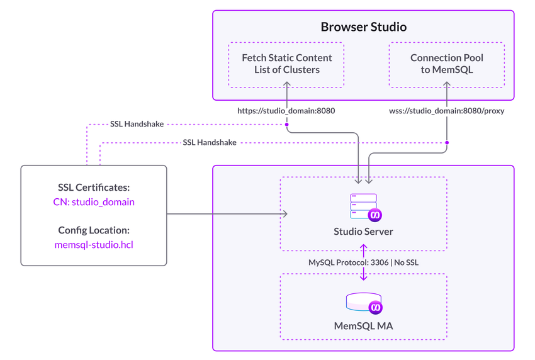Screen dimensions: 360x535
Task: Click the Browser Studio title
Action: [364, 27]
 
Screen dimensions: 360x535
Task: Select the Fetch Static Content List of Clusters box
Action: [286, 64]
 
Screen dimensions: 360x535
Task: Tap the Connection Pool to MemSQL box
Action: [447, 64]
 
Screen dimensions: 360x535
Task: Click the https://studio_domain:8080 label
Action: [286, 110]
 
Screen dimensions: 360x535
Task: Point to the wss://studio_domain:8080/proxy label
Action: [447, 110]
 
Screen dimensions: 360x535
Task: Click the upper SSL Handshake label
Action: [136, 124]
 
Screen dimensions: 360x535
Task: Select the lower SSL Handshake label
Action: [210, 143]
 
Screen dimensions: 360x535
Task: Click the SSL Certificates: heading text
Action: [94, 187]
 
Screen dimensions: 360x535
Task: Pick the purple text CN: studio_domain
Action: [94, 202]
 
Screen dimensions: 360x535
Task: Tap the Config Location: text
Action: [94, 230]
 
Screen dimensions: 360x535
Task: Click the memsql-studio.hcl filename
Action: [94, 244]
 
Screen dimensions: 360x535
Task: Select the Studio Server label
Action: [363, 232]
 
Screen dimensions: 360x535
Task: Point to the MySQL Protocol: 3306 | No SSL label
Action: [363, 261]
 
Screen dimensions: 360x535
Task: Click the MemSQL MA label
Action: [363, 327]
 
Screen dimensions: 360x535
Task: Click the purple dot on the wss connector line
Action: [447, 143]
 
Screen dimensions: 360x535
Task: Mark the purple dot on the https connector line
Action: [286, 124]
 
